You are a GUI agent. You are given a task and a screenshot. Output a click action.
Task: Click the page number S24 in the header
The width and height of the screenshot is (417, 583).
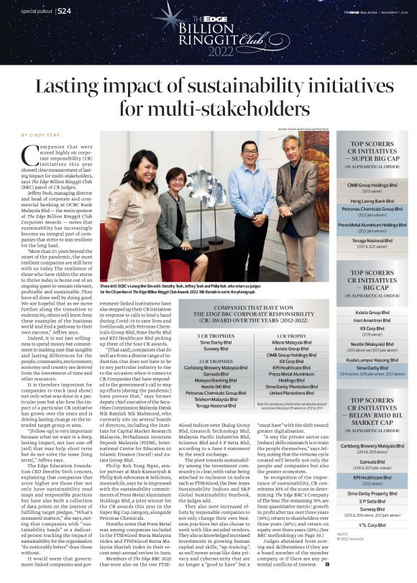[63, 12]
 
